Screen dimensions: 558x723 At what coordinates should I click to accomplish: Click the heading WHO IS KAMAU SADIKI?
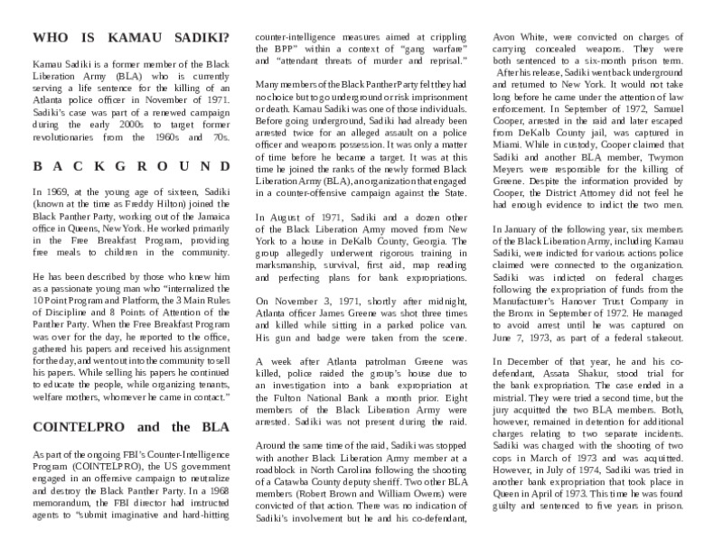130,39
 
